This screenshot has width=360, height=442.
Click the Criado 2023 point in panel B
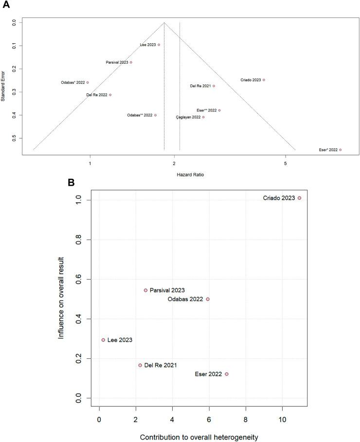coord(299,198)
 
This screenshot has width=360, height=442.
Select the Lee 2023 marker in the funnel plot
coord(159,45)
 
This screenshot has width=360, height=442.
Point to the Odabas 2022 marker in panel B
coord(208,299)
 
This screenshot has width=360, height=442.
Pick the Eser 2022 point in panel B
coord(227,374)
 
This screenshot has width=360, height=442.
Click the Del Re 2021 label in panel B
coord(160,365)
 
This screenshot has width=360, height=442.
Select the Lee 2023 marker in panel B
coord(103,340)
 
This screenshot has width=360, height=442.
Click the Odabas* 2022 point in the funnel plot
coord(88,83)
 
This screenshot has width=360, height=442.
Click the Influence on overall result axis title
coord(61,299)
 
